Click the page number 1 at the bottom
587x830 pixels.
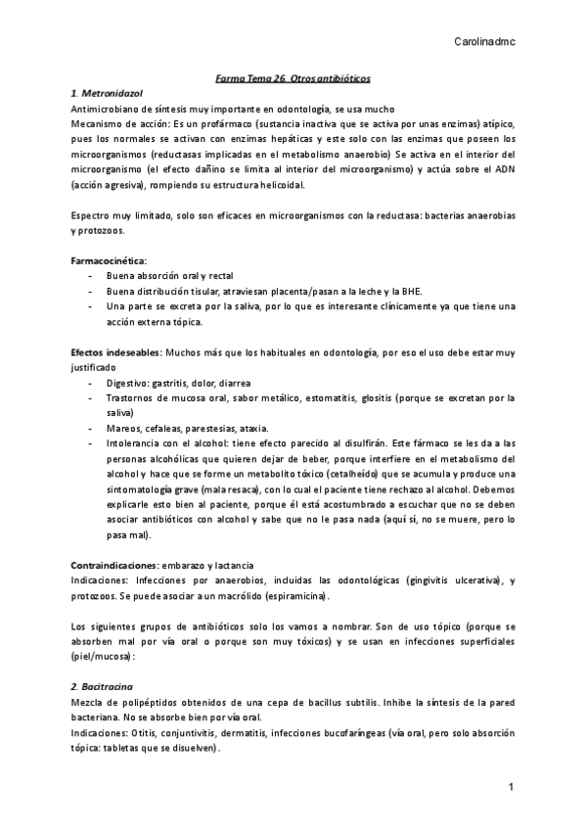[x=512, y=788]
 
